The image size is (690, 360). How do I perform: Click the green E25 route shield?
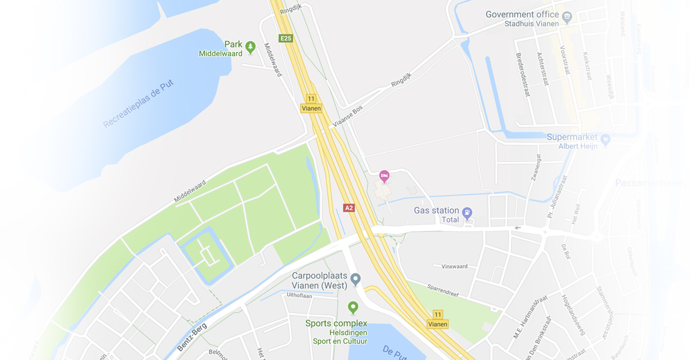(x=286, y=39)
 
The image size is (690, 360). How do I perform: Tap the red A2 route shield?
(x=349, y=208)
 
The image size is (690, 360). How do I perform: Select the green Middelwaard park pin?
(x=250, y=46)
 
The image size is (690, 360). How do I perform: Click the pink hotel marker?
(x=384, y=176)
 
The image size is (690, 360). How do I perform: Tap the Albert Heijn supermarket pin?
(x=605, y=140)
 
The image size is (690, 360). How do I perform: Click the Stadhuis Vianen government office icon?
(x=567, y=17)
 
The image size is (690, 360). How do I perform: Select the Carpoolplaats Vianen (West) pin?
(x=355, y=278)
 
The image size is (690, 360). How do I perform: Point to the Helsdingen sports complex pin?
(x=353, y=307)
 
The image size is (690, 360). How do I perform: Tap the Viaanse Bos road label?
(x=348, y=116)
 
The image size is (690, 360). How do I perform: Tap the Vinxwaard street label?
(x=454, y=266)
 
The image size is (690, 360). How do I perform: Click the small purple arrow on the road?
(x=518, y=228)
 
